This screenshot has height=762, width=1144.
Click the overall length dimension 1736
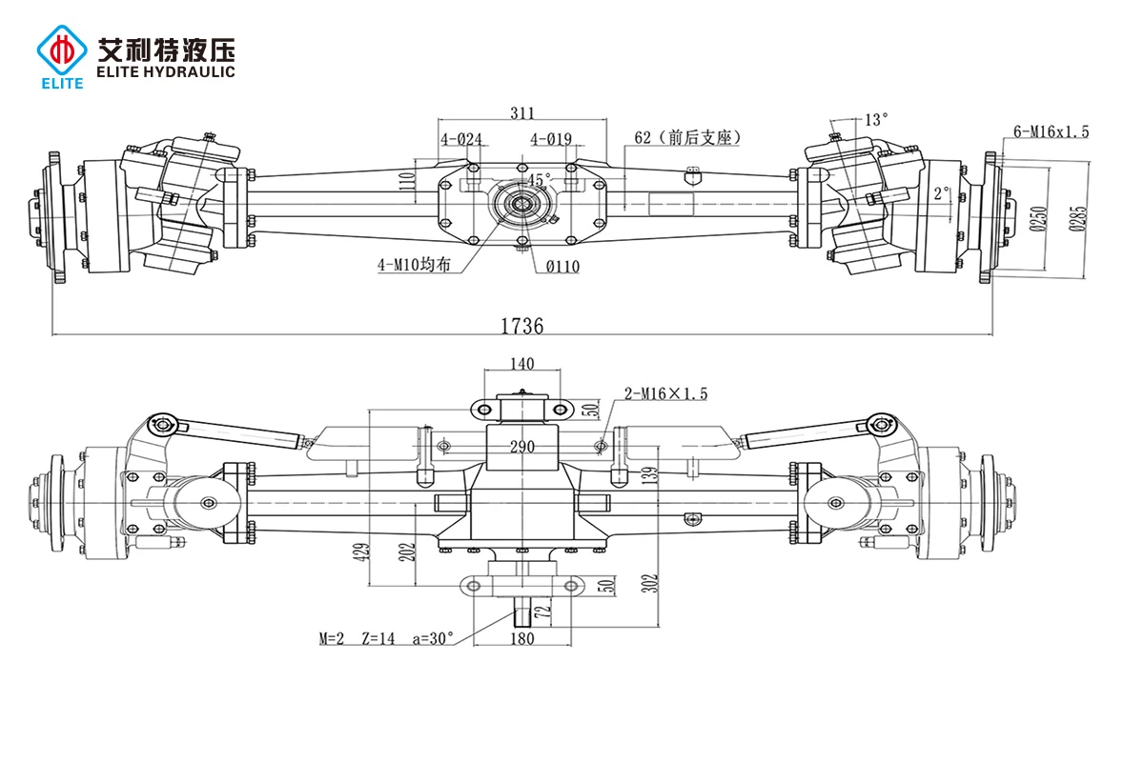pos(521,326)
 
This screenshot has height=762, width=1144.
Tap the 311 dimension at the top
pos(521,113)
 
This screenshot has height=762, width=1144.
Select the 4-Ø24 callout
pos(460,139)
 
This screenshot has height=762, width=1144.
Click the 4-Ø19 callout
pos(551,139)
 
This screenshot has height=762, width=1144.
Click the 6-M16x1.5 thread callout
pos(1052,131)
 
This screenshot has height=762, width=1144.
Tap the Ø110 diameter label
pos(562,267)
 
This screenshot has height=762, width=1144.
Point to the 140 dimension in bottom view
pos(522,363)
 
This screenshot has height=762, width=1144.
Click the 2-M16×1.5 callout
pos(665,393)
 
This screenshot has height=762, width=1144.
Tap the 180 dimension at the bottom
pos(522,638)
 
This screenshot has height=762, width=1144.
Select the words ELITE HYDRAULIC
pos(166,71)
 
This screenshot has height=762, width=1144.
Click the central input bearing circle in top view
pos(521,203)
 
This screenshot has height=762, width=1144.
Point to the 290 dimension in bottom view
pos(521,446)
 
